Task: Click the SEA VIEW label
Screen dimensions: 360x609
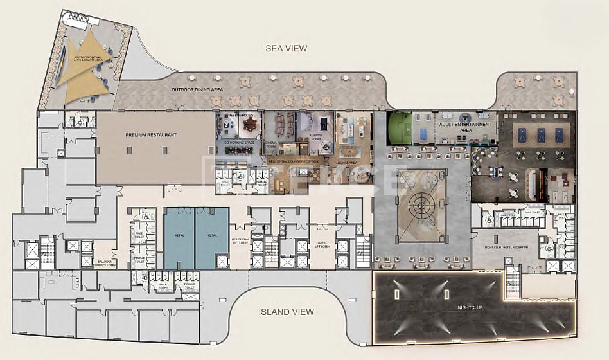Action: (287, 48)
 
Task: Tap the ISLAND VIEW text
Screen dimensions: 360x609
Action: (286, 312)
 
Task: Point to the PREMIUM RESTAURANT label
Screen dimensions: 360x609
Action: (151, 135)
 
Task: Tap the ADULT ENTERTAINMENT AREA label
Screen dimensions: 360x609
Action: (465, 127)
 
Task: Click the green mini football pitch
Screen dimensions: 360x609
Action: (398, 127)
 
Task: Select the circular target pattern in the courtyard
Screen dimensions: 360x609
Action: (421, 206)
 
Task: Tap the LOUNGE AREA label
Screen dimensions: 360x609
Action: (346, 163)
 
